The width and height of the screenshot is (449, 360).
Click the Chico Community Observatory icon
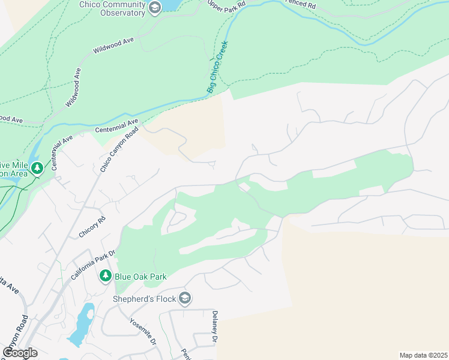click(155, 7)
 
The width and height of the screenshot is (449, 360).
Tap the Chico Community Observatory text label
click(112, 8)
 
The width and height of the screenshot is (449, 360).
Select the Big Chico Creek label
click(218, 67)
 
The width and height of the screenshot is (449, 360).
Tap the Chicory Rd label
click(92, 226)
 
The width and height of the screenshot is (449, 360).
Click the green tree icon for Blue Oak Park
click(105, 276)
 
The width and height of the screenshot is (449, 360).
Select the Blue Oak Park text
click(141, 277)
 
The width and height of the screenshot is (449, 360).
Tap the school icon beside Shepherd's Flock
click(185, 298)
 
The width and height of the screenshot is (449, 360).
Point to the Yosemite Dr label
click(143, 331)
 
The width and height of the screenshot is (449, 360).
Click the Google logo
click(20, 352)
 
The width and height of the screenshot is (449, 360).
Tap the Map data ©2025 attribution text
click(423, 355)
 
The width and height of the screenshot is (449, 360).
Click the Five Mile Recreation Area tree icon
click(38, 168)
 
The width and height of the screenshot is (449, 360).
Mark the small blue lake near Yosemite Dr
click(82, 325)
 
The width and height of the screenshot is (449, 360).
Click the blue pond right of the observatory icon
click(171, 5)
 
